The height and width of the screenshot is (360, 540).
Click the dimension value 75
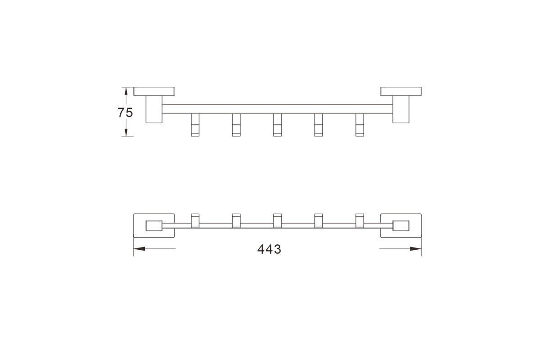tap(125, 112)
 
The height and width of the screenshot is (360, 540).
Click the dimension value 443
tap(269, 249)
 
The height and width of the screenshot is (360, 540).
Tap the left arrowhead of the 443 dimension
tap(139, 248)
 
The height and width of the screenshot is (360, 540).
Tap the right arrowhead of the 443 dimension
tap(416, 248)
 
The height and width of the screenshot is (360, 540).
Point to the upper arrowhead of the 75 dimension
tap(126, 91)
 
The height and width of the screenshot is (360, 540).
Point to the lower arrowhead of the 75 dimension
tap(126, 132)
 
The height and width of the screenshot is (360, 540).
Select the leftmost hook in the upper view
tap(195, 125)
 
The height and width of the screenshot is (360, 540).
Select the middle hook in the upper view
tap(278, 125)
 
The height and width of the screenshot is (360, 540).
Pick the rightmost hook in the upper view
tap(360, 125)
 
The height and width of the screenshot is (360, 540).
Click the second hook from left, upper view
tap(236, 125)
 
